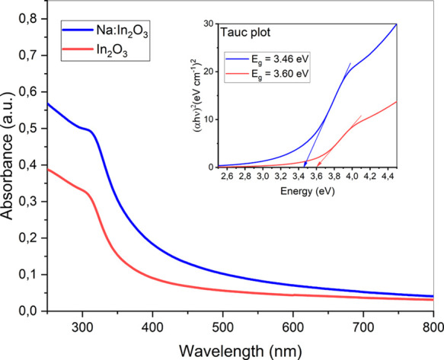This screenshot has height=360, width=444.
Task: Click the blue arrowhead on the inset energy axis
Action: coord(305,163)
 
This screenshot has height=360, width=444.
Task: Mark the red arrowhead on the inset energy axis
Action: coord(318,163)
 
